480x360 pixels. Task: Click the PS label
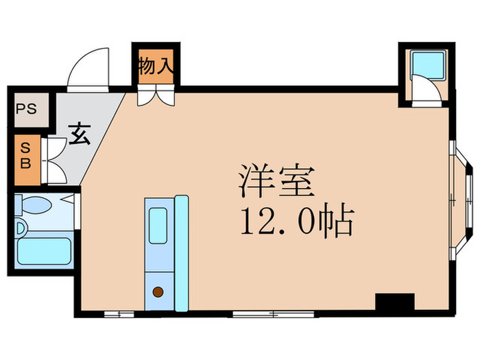pyautogui.click(x=26, y=108)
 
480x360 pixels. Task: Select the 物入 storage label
pyautogui.click(x=156, y=67)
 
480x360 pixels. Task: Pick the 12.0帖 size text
pyautogui.click(x=297, y=222)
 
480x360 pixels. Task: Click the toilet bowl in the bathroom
pyautogui.click(x=38, y=204)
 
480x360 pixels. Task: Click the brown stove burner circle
pyautogui.click(x=158, y=292)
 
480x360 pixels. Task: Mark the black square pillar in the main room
pyautogui.click(x=395, y=302)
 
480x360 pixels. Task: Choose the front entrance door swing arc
pyautogui.click(x=89, y=69)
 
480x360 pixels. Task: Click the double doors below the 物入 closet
pyautogui.click(x=155, y=95)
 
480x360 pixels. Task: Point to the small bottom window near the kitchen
pyautogui.click(x=119, y=314)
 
